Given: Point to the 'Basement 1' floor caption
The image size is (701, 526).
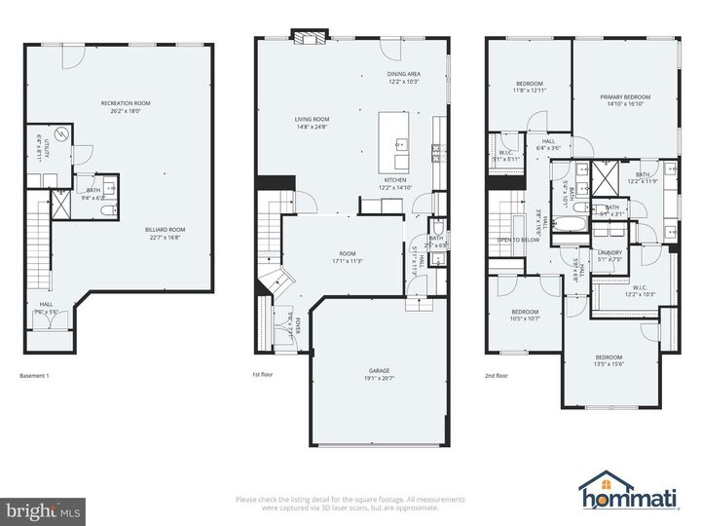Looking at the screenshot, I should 34,375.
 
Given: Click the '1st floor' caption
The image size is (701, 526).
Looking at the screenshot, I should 263,375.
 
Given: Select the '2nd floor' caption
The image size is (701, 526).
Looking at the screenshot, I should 496,375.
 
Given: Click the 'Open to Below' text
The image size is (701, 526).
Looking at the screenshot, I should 518,240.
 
